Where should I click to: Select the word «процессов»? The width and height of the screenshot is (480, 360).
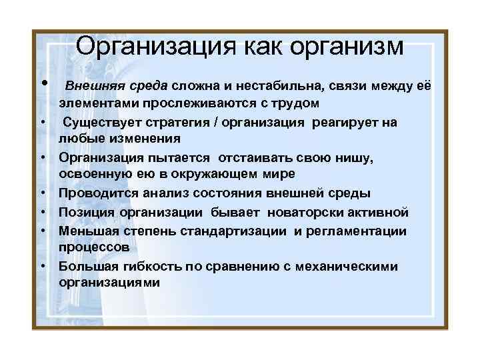pos(90,246)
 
